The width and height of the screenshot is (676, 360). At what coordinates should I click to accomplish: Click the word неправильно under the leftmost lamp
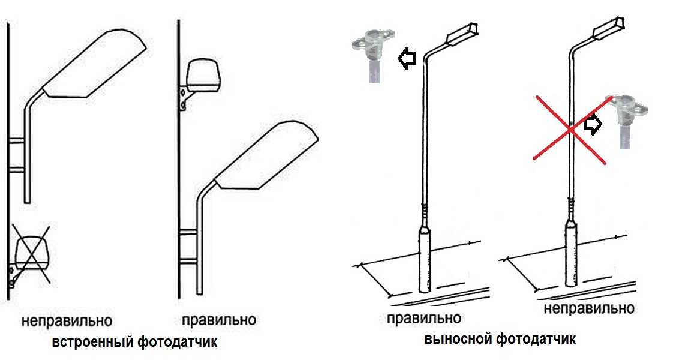[x=67, y=321]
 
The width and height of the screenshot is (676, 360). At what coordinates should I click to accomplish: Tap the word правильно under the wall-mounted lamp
[x=219, y=320]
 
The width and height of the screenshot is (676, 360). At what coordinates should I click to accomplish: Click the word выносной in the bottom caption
[x=458, y=338]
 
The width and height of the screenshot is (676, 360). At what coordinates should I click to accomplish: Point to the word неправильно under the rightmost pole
[x=589, y=308]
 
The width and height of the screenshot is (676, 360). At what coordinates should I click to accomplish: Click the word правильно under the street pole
[x=424, y=319]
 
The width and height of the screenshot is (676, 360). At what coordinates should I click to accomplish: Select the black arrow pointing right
[x=593, y=125]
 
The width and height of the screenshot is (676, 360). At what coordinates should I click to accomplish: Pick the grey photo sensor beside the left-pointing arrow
[x=373, y=55]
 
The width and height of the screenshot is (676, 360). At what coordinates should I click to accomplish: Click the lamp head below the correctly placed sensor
[x=266, y=155]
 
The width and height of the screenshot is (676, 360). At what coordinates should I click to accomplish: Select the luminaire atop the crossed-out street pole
[x=609, y=29]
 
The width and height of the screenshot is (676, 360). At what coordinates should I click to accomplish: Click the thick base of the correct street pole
[x=425, y=260]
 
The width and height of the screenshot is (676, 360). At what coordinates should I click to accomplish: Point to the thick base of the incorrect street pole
[x=572, y=254]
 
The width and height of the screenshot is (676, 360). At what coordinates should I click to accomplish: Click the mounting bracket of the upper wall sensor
[x=183, y=98]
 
